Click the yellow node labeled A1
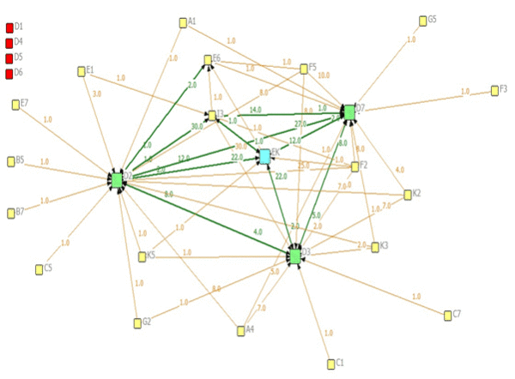pos(183,22)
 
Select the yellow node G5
pos(422,21)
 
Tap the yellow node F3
pos(494,90)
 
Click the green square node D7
pos(348,111)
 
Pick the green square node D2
pos(117,180)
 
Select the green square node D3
pos(295,256)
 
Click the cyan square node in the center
pos(265,156)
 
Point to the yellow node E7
pos(15,105)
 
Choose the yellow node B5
pos(10,161)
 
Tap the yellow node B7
pos(10,213)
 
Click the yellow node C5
pos(39,269)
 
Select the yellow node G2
pos(137,323)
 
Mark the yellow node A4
pos(240,330)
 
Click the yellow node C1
pos(331,364)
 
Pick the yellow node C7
pos(447,316)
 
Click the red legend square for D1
pos(9,27)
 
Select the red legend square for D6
pos(9,73)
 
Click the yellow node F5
pos(303,69)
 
